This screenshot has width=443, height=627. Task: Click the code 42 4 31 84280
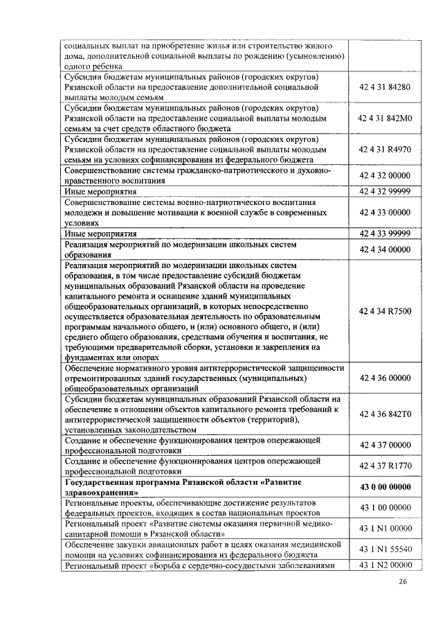[x=385, y=88]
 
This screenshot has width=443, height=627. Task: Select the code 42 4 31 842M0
[x=385, y=118]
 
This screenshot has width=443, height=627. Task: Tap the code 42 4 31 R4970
[x=385, y=149]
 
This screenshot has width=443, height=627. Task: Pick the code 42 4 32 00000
[x=385, y=176]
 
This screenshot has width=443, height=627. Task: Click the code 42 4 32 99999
[x=385, y=191]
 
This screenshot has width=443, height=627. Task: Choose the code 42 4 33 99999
[x=385, y=233]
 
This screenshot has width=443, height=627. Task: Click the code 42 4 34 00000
[x=385, y=249]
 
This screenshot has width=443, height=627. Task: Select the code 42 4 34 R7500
[x=385, y=311]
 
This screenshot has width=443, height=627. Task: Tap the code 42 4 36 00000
[x=385, y=378]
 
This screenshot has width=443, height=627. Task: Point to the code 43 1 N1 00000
[x=385, y=529]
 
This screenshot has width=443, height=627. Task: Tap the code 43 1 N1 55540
[x=385, y=549]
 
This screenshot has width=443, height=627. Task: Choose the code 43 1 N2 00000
[x=385, y=565]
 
